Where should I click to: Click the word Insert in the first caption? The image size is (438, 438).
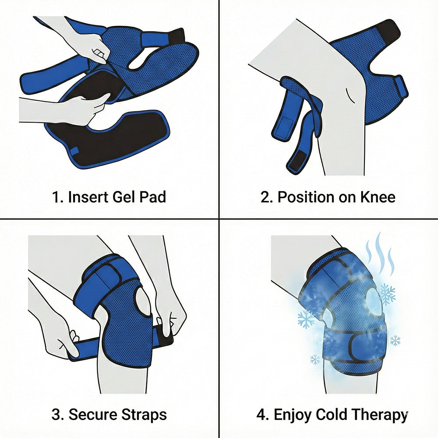click(88, 197)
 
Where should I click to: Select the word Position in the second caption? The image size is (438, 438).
click(306, 197)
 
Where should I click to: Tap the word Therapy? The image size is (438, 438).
click(379, 415)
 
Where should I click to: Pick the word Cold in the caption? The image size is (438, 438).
click(331, 414)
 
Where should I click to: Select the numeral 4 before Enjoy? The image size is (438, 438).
click(261, 414)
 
